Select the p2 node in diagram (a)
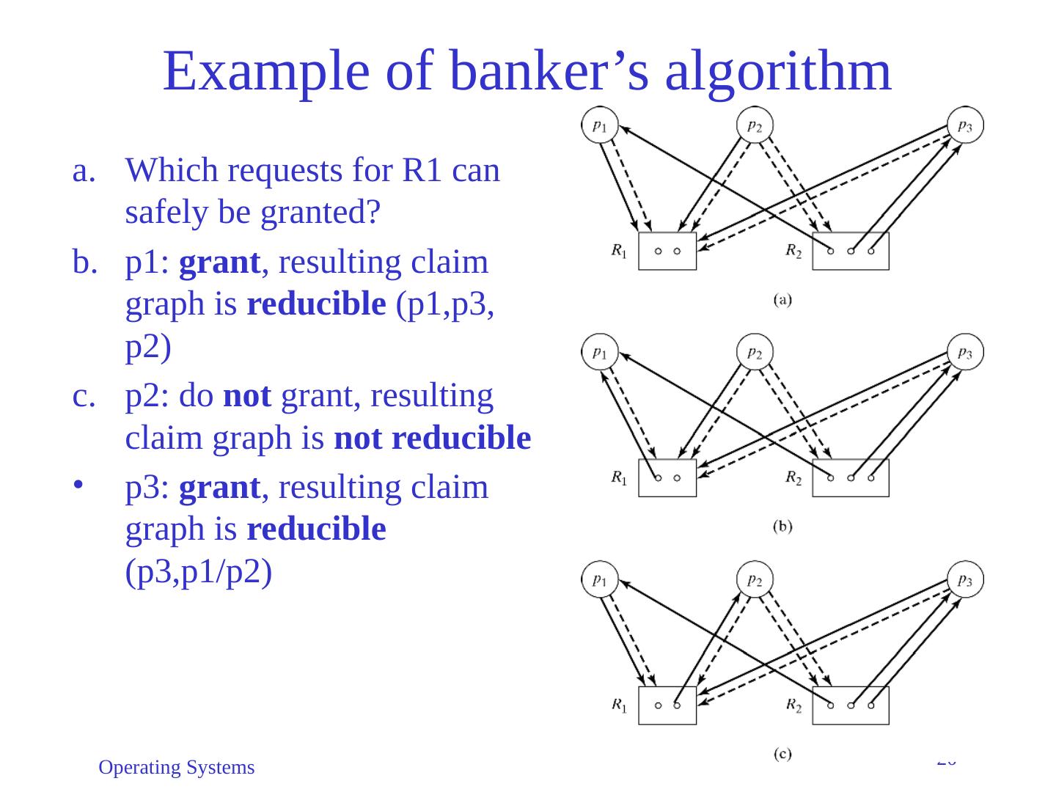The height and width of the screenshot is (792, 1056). pyautogui.click(x=755, y=125)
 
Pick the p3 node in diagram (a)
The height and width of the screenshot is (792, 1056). pyautogui.click(x=965, y=125)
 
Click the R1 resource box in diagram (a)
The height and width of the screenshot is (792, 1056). pyautogui.click(x=667, y=251)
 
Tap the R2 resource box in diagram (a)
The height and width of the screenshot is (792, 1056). pyautogui.click(x=851, y=251)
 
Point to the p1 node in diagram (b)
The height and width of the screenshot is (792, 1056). pyautogui.click(x=600, y=352)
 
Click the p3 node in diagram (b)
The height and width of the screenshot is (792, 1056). pyautogui.click(x=965, y=352)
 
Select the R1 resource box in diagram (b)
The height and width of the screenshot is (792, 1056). pyautogui.click(x=667, y=477)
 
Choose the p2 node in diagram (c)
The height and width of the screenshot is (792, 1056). pyautogui.click(x=755, y=579)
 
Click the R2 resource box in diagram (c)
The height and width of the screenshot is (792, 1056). pyautogui.click(x=851, y=705)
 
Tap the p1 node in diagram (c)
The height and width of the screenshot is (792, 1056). pyautogui.click(x=600, y=579)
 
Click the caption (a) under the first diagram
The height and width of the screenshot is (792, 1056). pyautogui.click(x=782, y=299)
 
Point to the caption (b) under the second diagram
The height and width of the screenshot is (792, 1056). pyautogui.click(x=782, y=526)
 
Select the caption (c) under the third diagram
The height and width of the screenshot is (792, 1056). pyautogui.click(x=782, y=753)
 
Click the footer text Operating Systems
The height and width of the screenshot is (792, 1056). pyautogui.click(x=177, y=768)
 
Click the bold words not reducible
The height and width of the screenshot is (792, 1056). pyautogui.click(x=432, y=438)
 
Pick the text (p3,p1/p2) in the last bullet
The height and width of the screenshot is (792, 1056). pyautogui.click(x=199, y=571)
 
